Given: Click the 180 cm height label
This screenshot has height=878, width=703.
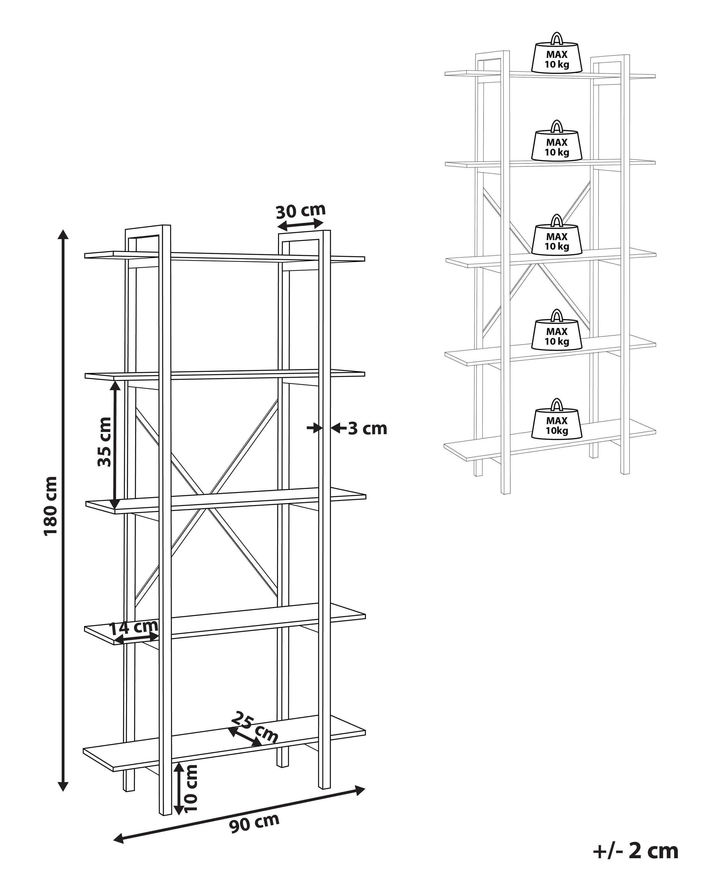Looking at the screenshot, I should click(51, 506).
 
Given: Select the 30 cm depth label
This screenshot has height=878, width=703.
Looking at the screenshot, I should click(301, 211).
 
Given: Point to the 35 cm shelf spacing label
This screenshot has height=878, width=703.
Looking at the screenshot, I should click(104, 442).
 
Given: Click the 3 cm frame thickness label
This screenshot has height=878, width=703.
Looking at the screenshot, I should click(367, 429).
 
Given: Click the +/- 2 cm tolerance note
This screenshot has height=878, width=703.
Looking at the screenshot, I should click(636, 851).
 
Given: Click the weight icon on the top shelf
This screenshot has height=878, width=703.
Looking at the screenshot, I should click(557, 54).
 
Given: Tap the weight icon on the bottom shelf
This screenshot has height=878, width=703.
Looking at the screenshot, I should click(557, 420).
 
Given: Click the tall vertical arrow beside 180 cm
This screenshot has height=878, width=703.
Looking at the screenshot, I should click(63, 509).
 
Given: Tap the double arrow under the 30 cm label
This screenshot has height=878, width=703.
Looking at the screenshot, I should click(300, 224).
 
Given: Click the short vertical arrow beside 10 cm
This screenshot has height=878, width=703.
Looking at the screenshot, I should click(179, 788).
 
